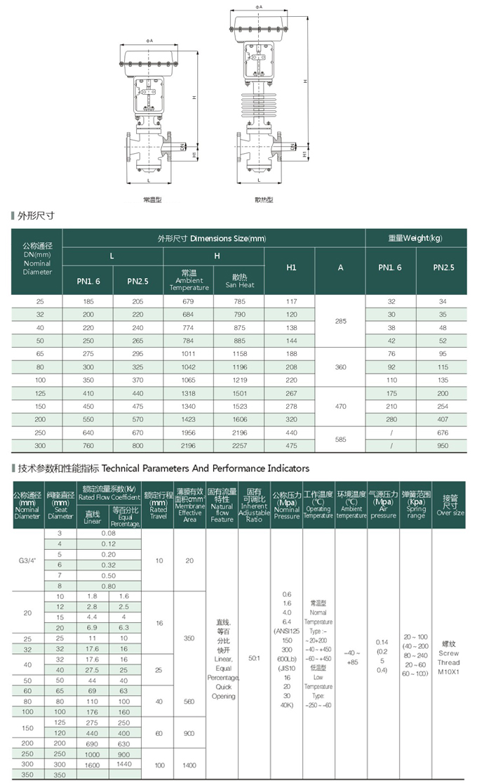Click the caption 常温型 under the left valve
(x=152, y=199)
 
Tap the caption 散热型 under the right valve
(x=263, y=199)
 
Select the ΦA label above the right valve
(x=259, y=6)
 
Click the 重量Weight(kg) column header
(x=416, y=238)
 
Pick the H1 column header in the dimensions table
(x=291, y=268)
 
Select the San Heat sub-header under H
(x=239, y=281)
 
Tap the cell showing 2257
(x=239, y=445)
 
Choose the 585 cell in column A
(x=341, y=438)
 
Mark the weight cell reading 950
(x=441, y=445)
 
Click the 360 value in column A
(x=341, y=367)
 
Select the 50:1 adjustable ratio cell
(x=254, y=658)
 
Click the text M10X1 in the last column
(x=449, y=671)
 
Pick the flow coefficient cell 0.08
(x=109, y=534)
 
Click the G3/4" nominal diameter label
(x=28, y=560)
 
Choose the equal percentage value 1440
(x=124, y=763)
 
